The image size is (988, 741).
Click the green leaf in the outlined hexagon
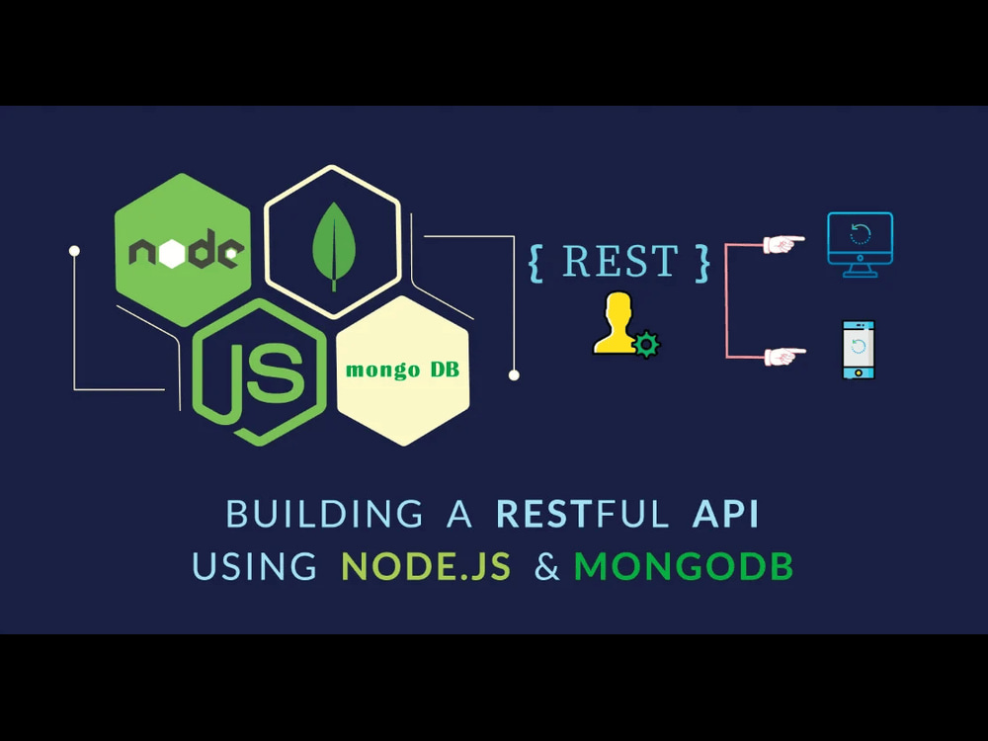pyautogui.click(x=333, y=246)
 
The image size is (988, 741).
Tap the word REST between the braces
pyautogui.click(x=620, y=261)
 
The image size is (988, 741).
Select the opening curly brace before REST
pyautogui.click(x=536, y=264)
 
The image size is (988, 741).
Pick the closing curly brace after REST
pyautogui.click(x=702, y=264)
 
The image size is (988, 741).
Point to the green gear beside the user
pyautogui.click(x=646, y=345)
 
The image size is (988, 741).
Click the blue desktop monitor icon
pyautogui.click(x=861, y=244)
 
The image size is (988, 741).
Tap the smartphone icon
pyautogui.click(x=859, y=350)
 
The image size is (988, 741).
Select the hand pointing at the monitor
pyautogui.click(x=783, y=244)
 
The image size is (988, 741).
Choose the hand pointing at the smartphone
pyautogui.click(x=784, y=356)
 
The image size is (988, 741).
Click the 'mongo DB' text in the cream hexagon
pyautogui.click(x=403, y=370)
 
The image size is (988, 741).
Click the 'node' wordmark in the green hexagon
pyautogui.click(x=185, y=250)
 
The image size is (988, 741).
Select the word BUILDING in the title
pyautogui.click(x=324, y=514)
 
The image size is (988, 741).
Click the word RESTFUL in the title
pyautogui.click(x=582, y=514)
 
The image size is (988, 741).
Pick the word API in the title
pyautogui.click(x=725, y=514)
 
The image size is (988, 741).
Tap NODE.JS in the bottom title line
pyautogui.click(x=426, y=566)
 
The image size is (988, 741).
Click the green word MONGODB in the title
pyautogui.click(x=684, y=566)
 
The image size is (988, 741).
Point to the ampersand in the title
pyautogui.click(x=547, y=566)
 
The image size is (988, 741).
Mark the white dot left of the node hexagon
pyautogui.click(x=74, y=251)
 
